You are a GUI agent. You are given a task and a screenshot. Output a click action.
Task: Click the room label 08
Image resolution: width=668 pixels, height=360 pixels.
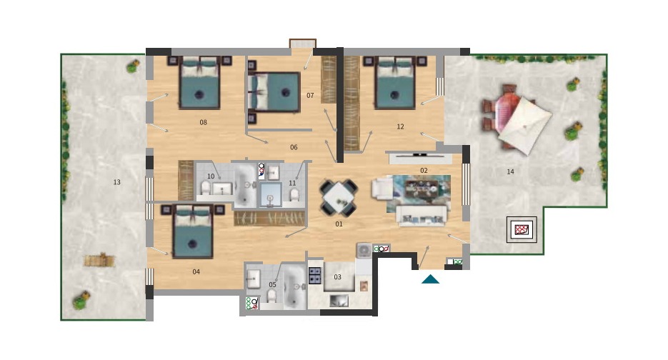click(x=203, y=122)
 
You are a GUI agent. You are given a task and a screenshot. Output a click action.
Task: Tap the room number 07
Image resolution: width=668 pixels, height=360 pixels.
click(x=310, y=96)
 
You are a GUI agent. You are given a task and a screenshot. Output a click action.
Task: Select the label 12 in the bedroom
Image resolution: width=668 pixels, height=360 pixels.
click(x=400, y=126)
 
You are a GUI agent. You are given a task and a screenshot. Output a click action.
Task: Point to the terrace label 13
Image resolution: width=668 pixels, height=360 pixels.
click(x=116, y=182)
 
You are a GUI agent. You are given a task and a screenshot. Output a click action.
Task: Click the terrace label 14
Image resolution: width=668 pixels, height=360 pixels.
click(x=510, y=171)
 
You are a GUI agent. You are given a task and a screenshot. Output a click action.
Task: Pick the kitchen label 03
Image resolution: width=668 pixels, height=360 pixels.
click(x=337, y=277)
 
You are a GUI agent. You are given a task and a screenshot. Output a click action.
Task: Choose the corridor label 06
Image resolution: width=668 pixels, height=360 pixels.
click(x=294, y=147)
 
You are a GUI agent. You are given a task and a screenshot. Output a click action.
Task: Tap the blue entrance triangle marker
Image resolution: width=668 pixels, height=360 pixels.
click(x=430, y=279)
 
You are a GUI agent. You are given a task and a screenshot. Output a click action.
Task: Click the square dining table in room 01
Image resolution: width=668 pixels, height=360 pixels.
click(x=339, y=198)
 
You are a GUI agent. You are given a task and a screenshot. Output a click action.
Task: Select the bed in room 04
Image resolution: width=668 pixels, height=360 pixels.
click(x=193, y=231)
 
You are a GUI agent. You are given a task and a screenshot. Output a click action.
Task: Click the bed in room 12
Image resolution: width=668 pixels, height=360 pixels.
click(x=395, y=83)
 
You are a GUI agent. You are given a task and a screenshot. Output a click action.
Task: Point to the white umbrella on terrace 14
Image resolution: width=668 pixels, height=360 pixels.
click(x=525, y=125)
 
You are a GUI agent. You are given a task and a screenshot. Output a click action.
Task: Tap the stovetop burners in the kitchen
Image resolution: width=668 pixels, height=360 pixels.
click(x=315, y=275)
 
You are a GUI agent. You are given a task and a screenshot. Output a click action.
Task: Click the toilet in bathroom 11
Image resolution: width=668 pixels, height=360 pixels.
click(x=294, y=195)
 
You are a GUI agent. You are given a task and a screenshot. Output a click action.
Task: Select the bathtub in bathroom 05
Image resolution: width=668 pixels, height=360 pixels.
click(x=294, y=287)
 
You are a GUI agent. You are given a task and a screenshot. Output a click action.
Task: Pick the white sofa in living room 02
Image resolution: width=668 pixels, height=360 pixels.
click(x=422, y=216)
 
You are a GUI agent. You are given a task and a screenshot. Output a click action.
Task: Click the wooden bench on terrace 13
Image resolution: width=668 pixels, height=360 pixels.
click(x=100, y=260)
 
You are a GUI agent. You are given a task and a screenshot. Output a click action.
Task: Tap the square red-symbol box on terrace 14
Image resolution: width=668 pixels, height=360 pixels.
click(x=522, y=229)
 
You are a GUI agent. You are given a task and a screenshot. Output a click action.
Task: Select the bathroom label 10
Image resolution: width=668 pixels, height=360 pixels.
click(x=211, y=176)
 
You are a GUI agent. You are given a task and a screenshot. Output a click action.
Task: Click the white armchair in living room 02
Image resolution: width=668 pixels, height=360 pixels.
click(x=382, y=189)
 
